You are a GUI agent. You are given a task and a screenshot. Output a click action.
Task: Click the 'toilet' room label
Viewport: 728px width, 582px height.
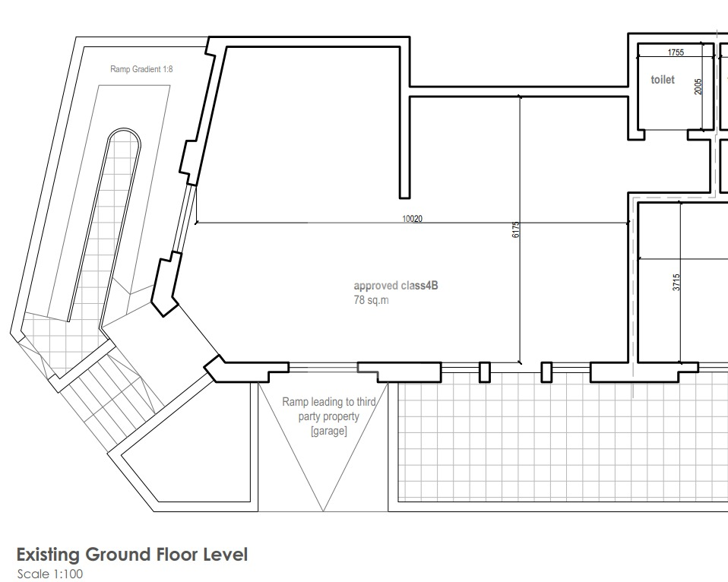tap(663, 80)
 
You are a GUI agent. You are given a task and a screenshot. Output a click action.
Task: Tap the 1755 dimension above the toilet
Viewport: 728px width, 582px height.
tap(676, 52)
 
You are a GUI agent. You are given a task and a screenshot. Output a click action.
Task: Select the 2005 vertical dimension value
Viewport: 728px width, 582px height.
tap(698, 87)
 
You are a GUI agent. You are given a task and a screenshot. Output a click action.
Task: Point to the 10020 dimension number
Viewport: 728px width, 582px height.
tap(413, 219)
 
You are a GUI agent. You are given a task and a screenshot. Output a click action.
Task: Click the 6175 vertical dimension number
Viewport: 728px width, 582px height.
tap(515, 229)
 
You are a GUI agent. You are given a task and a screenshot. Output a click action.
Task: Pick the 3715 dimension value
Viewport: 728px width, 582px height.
tap(676, 283)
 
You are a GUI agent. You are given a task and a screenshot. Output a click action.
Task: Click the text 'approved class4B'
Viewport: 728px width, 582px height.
tap(396, 286)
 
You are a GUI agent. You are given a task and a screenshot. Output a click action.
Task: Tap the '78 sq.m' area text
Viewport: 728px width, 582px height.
tap(372, 300)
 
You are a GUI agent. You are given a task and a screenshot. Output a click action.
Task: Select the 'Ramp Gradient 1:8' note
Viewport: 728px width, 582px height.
tap(141, 69)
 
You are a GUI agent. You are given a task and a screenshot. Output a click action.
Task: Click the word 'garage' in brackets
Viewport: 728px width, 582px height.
tap(329, 431)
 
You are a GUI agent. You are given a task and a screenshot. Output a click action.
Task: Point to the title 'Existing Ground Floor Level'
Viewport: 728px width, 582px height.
tap(132, 555)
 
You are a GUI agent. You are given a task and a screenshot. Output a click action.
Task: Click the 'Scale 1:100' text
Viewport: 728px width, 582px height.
tap(50, 574)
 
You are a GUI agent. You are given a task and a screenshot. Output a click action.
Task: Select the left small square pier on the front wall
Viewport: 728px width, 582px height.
tap(484, 372)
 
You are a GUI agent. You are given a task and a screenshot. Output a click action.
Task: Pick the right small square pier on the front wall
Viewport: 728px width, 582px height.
tap(546, 372)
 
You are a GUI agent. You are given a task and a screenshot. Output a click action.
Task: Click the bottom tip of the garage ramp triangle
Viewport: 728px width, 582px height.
tap(323, 511)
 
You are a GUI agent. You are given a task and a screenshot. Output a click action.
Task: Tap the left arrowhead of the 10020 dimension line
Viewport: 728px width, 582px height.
tap(196, 223)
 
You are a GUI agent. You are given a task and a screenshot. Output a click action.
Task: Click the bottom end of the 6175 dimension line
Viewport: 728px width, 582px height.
tap(520, 363)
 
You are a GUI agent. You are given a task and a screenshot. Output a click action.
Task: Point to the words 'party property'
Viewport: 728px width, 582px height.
tap(329, 416)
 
